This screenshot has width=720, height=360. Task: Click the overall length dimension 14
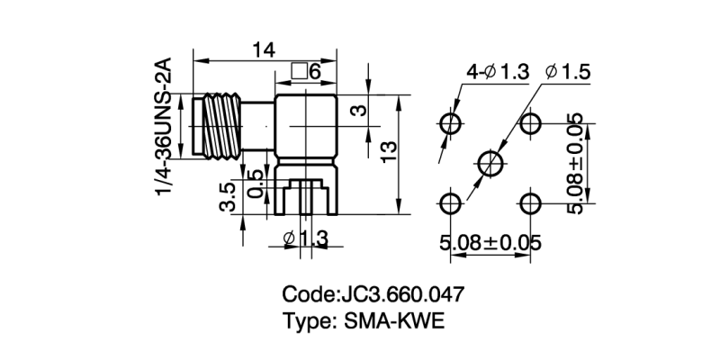click(264, 51)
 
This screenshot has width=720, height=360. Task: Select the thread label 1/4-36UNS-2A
click(164, 126)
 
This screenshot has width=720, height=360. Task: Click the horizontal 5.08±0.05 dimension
click(490, 243)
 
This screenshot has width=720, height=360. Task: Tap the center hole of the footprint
click(490, 163)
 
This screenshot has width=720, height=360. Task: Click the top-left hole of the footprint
click(450, 122)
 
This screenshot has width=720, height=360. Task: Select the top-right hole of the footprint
click(531, 122)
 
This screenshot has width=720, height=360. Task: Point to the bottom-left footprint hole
click(450, 203)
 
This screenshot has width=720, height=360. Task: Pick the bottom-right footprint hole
click(531, 203)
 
